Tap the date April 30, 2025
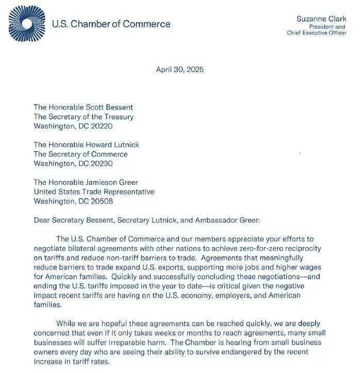179,70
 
